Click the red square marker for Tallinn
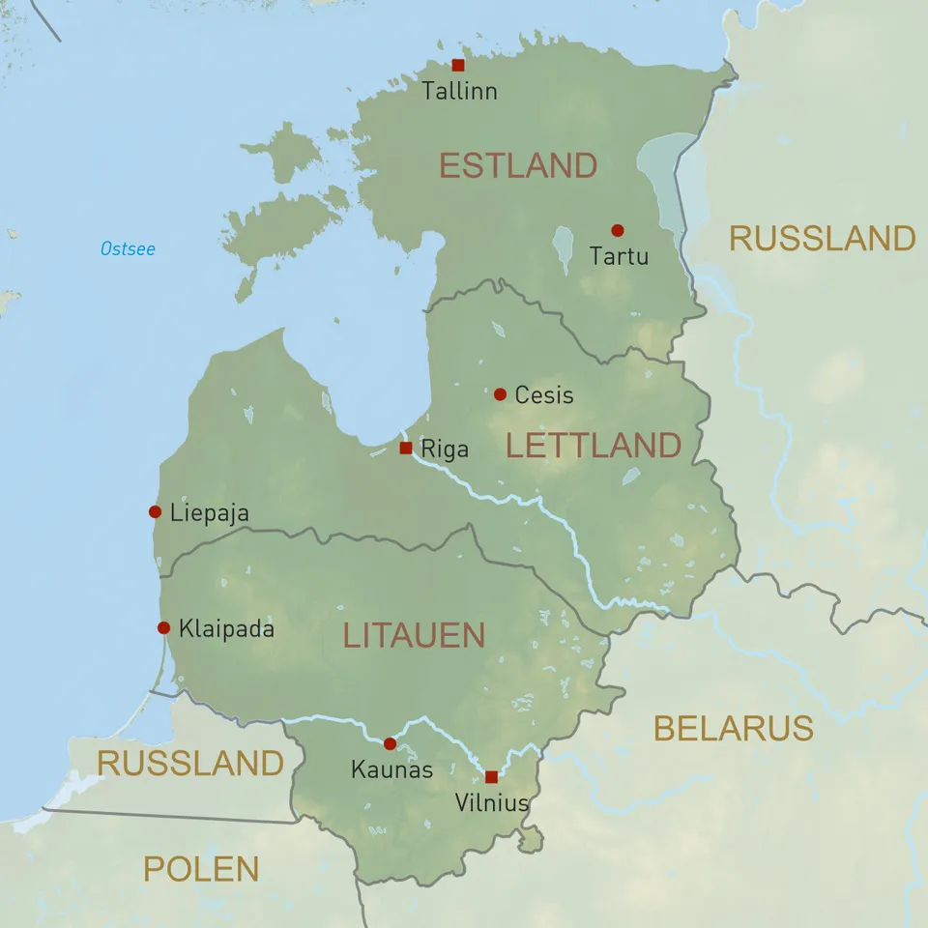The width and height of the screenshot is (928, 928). coord(458,66)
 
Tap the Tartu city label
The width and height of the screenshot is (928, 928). coord(619,257)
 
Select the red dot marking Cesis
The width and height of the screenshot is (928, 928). coord(500,394)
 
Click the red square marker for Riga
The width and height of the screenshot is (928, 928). coord(406,448)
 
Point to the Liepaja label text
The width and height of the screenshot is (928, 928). coord(209,513)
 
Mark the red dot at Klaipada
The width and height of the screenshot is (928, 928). coord(163,627)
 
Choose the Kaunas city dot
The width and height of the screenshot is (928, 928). coord(390,743)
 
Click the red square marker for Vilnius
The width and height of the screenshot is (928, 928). coord(491,776)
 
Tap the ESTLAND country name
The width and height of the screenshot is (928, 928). coord(518,166)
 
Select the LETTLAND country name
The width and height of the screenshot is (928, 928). coord(594,446)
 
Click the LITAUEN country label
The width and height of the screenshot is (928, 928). coord(414,636)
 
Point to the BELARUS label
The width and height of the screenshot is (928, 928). coord(733,728)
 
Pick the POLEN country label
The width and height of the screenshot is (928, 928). coord(201,869)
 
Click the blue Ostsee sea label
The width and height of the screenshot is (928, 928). coord(128,249)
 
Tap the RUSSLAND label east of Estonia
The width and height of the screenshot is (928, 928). coord(822,238)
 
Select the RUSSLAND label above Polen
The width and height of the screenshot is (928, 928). coord(190,763)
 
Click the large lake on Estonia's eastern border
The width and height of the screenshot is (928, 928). coord(667,179)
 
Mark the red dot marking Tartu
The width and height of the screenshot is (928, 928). coord(617,230)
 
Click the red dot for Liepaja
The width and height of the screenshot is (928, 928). coord(155,511)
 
